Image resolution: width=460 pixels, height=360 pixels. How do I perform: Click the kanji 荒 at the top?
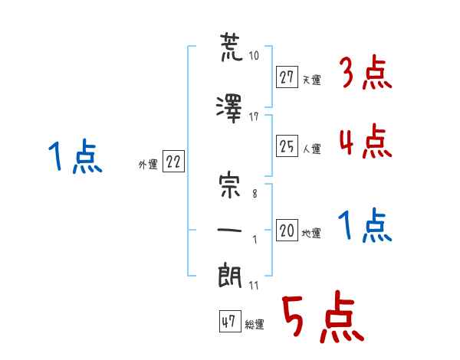232,47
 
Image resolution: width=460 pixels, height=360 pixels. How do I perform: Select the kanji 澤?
229,109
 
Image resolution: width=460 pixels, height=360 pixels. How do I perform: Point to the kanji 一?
229,230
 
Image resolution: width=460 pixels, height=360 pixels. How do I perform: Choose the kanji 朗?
230,276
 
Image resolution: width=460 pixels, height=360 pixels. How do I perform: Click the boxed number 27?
287,77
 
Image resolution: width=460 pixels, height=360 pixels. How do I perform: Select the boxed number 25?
287,146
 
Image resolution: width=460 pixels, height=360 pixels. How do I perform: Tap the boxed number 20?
287,230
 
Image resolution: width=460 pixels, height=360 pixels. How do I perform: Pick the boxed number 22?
173,161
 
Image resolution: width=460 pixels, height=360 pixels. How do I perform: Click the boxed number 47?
230,321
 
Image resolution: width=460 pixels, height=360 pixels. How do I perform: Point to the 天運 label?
311,80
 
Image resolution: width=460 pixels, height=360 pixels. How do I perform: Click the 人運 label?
311,149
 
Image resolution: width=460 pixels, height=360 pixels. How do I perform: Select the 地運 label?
311,234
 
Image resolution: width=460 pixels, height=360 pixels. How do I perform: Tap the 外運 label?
148,165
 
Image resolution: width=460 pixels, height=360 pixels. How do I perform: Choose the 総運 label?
255,325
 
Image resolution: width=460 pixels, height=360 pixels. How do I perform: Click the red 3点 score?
366,72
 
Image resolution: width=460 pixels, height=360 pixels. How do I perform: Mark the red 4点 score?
366,141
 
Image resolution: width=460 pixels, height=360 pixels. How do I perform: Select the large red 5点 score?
323,316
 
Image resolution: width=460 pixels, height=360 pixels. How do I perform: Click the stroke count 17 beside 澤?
254,117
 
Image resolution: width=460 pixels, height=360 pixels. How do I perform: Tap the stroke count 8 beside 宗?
255,194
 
